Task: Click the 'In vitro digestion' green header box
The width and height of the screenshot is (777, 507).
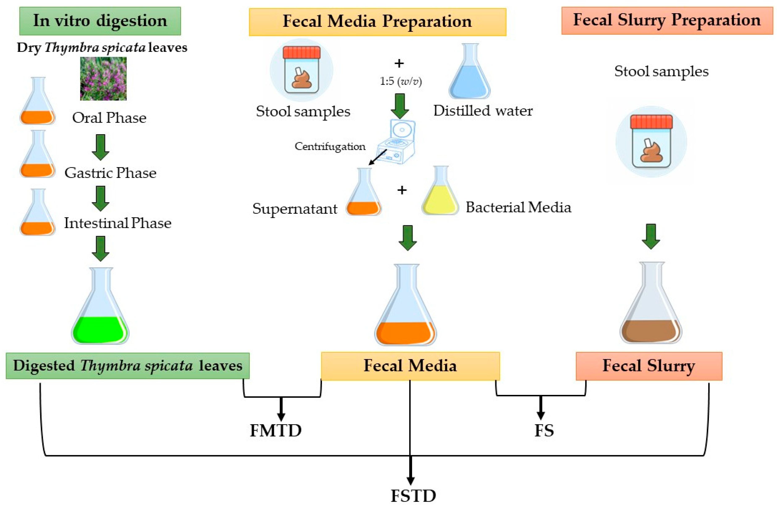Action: pos(100,21)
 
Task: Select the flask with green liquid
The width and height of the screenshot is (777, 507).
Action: pos(100,307)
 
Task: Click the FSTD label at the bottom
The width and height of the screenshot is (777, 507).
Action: pos(413,496)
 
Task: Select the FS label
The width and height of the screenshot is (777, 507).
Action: pos(544,430)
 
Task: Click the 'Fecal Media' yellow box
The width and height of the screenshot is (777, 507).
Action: pos(410,366)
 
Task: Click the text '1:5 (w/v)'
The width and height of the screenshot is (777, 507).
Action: pos(401,81)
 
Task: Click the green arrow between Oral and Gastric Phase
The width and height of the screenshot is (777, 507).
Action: pos(101,147)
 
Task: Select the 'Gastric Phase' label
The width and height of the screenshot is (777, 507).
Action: pos(110,173)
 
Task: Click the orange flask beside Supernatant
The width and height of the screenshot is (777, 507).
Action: pos(364,193)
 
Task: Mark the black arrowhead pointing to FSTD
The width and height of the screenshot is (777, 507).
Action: pos(410,480)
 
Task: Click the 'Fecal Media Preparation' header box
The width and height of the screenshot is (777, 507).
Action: pos(377,22)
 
